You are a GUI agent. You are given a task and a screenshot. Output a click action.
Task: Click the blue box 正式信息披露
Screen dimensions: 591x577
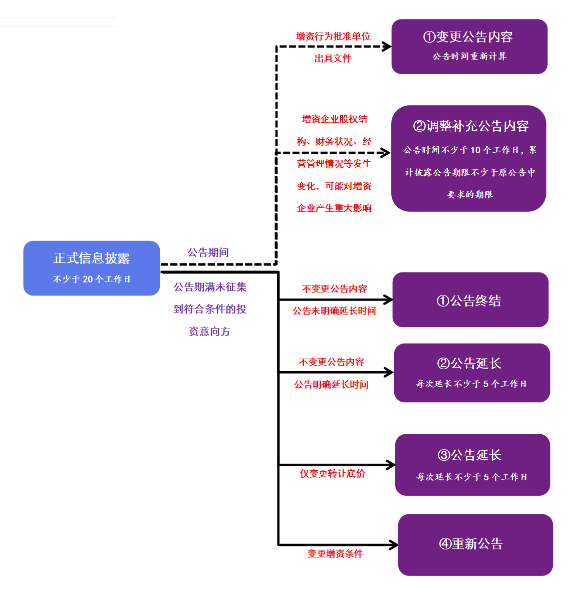(92, 268)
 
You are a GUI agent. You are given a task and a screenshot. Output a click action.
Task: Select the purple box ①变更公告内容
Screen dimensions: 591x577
(469, 46)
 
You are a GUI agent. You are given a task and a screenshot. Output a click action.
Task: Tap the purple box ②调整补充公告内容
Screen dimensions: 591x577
(469, 158)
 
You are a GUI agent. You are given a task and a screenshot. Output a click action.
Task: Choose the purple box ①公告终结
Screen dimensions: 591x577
(470, 300)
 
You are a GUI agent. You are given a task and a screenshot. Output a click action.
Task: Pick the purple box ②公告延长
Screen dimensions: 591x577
(472, 373)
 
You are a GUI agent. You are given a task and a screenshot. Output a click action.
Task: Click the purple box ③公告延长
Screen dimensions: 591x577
(472, 465)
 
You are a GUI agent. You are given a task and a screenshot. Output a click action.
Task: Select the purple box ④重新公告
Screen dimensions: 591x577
(475, 544)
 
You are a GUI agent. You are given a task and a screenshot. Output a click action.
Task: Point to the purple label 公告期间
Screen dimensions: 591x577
(208, 252)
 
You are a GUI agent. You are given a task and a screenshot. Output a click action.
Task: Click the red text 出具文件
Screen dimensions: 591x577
(333, 59)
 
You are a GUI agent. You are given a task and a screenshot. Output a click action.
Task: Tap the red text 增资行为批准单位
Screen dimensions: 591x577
(333, 37)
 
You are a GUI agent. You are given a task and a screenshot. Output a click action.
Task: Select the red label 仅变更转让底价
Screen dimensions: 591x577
(333, 474)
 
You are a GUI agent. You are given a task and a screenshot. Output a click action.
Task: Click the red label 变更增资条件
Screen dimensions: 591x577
(335, 554)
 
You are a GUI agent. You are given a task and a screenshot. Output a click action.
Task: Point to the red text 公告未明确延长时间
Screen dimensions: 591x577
(334, 311)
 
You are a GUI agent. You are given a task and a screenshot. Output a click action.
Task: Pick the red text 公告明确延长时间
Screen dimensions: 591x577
(331, 385)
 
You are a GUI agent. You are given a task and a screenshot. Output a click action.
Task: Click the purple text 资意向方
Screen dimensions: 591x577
(209, 332)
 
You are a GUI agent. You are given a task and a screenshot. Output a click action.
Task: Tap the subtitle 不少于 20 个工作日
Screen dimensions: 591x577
(92, 279)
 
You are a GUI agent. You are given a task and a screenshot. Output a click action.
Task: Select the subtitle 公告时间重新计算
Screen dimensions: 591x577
(469, 57)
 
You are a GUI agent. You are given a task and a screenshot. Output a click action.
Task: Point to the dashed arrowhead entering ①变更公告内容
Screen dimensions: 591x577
(387, 47)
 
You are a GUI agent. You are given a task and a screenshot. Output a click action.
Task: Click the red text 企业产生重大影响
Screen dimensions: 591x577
(334, 208)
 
